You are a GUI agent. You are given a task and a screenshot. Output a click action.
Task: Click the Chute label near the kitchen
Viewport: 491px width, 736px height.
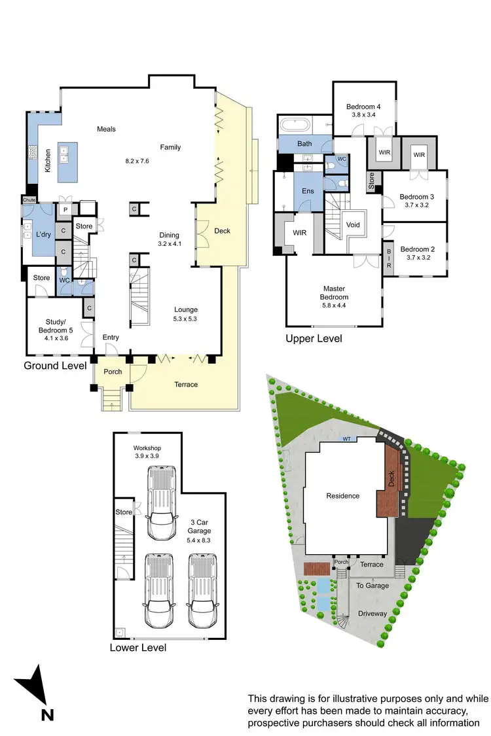click(x=29, y=200)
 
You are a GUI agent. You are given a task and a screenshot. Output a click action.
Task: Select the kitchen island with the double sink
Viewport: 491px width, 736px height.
click(x=67, y=162)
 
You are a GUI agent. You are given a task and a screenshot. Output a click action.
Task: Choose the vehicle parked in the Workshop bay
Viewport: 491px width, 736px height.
click(x=162, y=502)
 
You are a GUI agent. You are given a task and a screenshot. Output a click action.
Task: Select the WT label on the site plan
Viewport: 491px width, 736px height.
click(x=346, y=440)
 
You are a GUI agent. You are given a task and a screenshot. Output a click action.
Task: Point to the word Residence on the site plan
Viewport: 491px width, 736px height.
click(x=343, y=496)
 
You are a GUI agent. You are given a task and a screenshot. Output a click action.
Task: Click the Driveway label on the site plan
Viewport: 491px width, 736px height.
click(x=373, y=614)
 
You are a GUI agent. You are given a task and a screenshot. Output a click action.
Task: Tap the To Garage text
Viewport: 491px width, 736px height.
click(x=373, y=586)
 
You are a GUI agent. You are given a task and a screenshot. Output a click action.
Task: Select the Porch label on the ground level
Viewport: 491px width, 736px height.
click(x=113, y=372)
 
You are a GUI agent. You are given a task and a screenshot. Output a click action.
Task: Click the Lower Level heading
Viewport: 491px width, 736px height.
click(x=138, y=648)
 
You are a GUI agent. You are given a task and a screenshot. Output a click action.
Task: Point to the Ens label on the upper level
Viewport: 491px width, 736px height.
click(x=307, y=192)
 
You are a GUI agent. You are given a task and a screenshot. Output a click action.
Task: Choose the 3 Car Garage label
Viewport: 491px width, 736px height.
click(x=200, y=527)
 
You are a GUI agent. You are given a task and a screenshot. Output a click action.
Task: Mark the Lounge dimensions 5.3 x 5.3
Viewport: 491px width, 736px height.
click(x=185, y=319)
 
